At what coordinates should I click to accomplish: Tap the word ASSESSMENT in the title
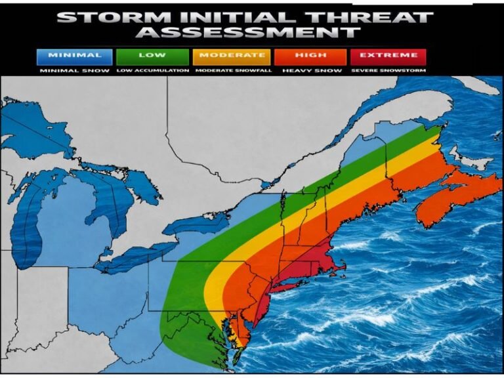pos(251,32)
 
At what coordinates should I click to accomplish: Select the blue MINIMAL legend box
pos(75,56)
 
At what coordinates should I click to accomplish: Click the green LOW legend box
pos(152,56)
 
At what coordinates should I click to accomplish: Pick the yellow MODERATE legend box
pos(232,56)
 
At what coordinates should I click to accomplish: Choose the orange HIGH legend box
pos(310,56)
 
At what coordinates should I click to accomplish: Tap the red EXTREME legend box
pos(388,56)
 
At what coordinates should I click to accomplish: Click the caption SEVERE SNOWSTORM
pos(388,70)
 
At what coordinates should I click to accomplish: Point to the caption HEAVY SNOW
pos(310,70)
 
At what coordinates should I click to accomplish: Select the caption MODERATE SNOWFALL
pos(232,70)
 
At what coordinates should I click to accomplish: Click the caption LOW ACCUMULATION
pos(152,70)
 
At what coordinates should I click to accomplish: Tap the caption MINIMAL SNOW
pos(75,70)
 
